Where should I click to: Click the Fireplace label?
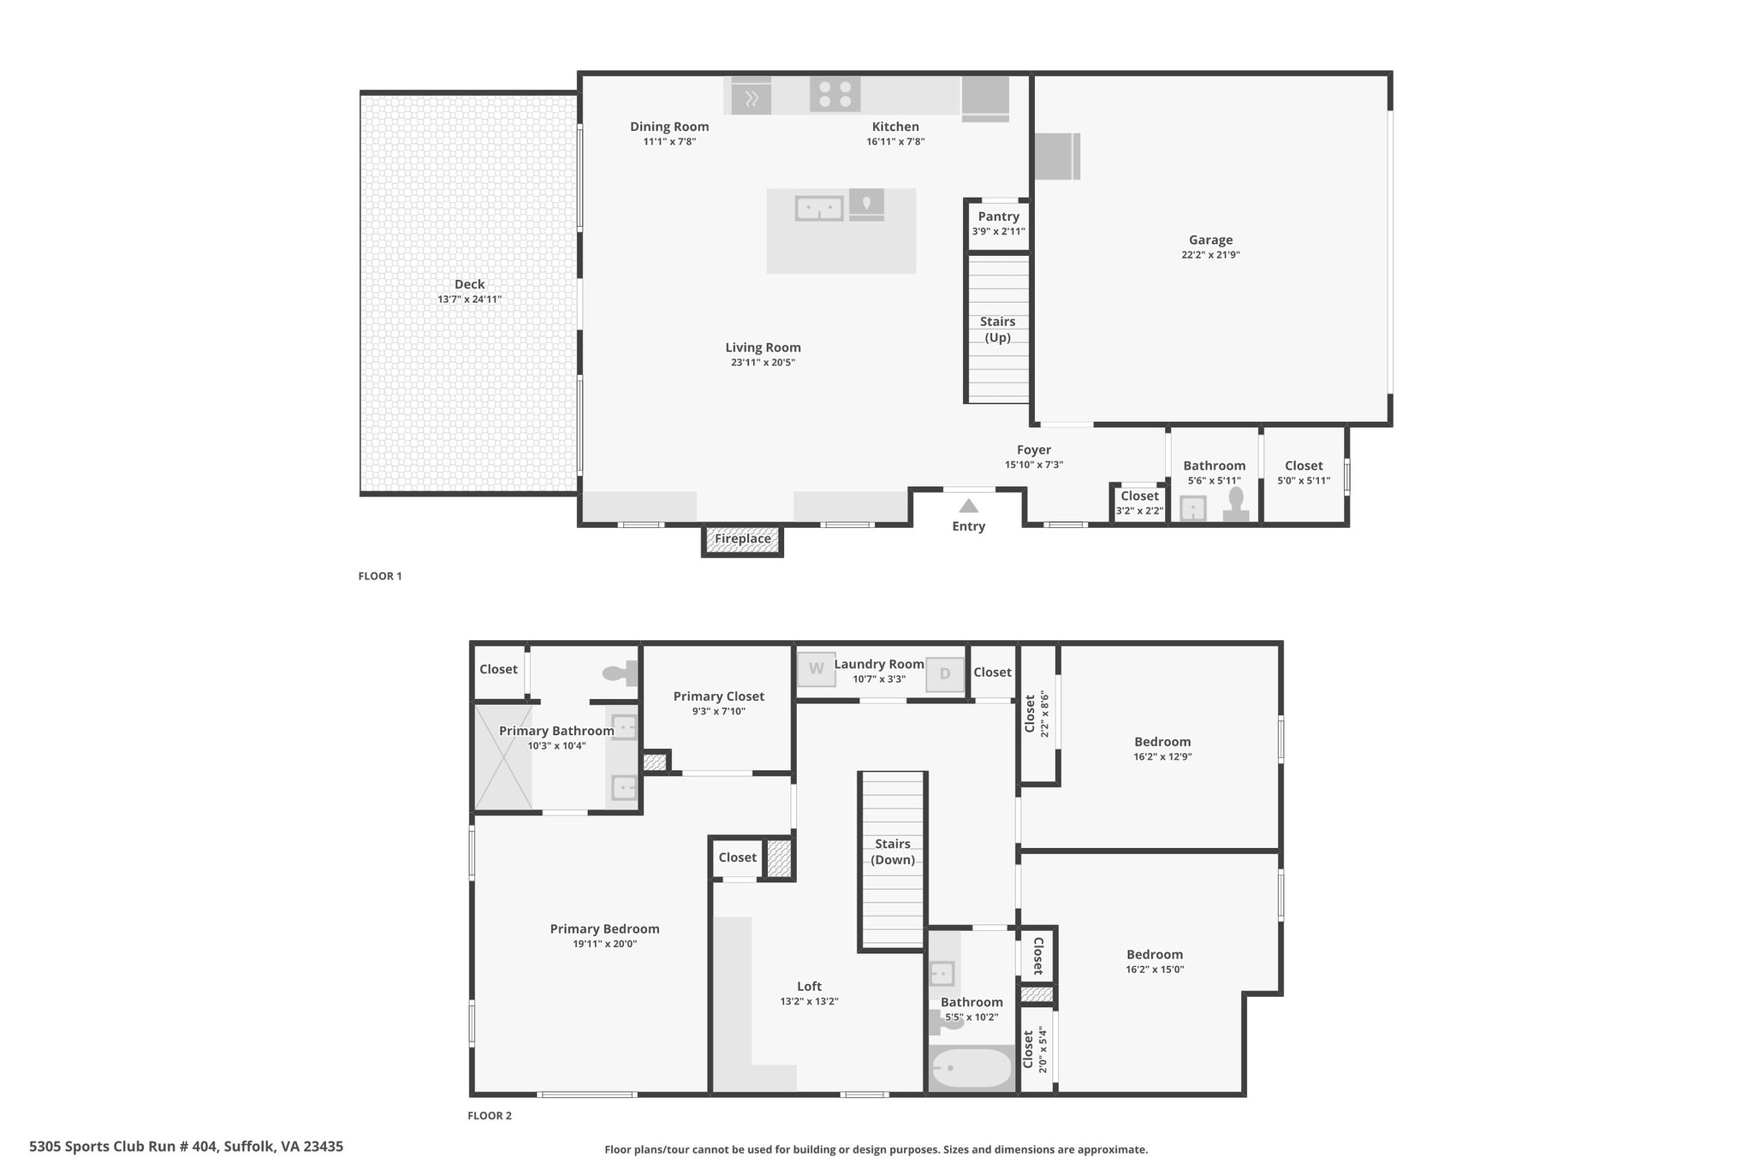coord(743,539)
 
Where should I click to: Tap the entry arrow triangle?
coord(968,506)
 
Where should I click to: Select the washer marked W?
coord(817,669)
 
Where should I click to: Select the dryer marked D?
coord(945,673)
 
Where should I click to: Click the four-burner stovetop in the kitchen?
coord(835,94)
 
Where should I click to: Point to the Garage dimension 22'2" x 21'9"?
coord(1210,255)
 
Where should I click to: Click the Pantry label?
coord(999,216)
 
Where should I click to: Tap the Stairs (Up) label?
coord(998,329)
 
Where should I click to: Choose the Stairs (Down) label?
coord(893,852)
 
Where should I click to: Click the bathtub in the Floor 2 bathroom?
coord(972,1068)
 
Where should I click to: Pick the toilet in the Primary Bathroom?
coord(621,673)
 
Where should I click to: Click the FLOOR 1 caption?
coord(380,576)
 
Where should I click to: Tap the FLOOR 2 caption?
coord(490,1116)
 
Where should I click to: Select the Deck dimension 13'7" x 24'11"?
coord(469,299)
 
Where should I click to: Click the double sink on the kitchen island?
coord(819,208)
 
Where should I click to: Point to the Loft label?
coord(809,987)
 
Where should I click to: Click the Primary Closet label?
coord(719,697)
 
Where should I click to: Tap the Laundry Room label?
coord(879,664)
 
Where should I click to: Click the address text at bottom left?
coord(187,1147)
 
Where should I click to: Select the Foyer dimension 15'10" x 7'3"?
coord(1034,465)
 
